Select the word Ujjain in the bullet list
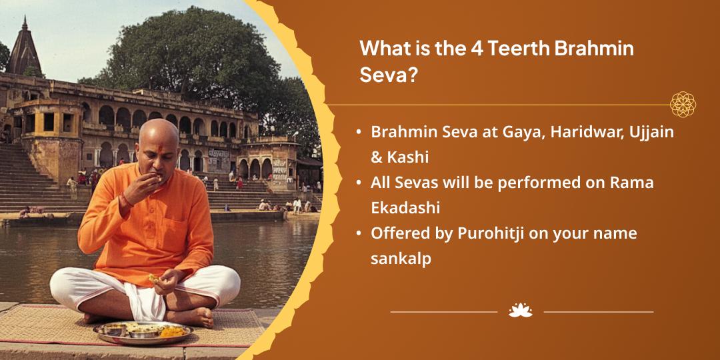click(655, 133)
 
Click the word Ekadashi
click(405, 208)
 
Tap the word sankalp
click(401, 259)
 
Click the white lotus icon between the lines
click(520, 311)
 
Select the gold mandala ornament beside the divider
click(683, 104)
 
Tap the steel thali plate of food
click(143, 332)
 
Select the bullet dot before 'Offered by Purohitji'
click(358, 234)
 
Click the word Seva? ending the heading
click(388, 75)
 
